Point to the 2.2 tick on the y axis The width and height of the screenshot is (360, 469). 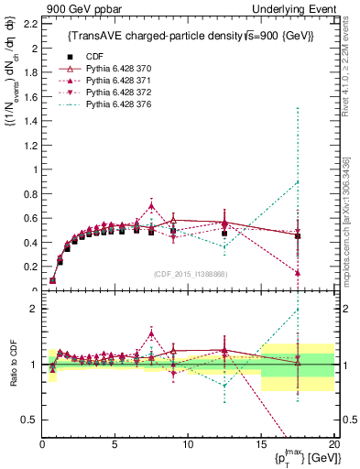point(29,23)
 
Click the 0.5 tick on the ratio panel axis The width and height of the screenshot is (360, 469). point(29,420)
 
